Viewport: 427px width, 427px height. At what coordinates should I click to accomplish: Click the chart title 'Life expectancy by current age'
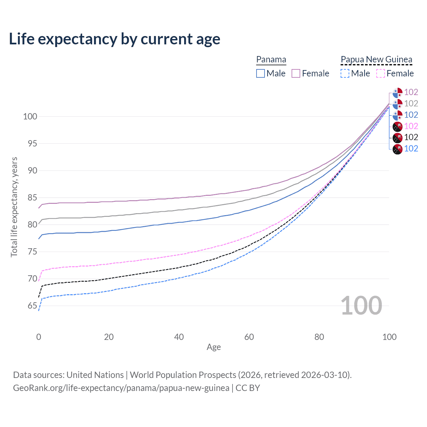114,39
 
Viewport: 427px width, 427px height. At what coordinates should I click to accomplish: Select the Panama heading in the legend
271,60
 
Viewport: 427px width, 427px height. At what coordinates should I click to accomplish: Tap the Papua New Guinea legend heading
376,60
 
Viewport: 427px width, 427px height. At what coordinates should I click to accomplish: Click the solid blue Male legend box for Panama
261,73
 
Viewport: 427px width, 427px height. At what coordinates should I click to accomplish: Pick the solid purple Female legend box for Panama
296,73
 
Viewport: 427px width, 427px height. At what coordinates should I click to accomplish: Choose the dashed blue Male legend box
345,73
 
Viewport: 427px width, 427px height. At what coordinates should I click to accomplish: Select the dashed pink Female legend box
380,73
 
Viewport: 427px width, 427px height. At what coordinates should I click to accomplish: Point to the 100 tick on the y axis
30,117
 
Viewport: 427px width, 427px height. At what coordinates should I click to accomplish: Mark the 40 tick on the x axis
179,337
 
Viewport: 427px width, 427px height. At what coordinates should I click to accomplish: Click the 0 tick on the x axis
39,337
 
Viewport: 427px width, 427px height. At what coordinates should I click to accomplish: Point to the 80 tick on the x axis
319,337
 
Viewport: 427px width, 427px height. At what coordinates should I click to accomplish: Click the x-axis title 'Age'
213,347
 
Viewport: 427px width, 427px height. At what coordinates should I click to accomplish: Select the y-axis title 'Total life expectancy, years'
14,207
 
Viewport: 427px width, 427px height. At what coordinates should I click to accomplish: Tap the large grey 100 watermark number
361,306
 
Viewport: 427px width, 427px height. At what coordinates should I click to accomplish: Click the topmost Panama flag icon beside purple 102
397,92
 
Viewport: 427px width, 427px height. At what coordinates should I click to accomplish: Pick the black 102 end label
411,137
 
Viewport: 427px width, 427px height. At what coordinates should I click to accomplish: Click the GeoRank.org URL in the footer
121,388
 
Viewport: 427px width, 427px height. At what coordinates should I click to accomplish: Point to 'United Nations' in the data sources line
95,375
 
